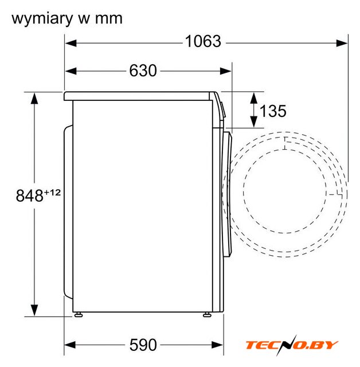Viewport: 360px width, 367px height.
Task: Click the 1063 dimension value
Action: point(203,41)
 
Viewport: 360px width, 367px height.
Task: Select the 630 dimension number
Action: point(143,71)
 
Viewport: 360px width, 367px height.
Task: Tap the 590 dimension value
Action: point(143,345)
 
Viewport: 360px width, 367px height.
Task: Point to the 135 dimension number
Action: point(273,111)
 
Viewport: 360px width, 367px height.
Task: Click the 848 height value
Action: point(29,196)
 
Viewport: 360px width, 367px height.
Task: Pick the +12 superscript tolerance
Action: point(52,193)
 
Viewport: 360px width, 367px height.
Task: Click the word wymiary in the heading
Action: point(42,19)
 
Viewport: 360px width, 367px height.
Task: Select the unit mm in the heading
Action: point(108,19)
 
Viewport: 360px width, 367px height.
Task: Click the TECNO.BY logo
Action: point(291,345)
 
